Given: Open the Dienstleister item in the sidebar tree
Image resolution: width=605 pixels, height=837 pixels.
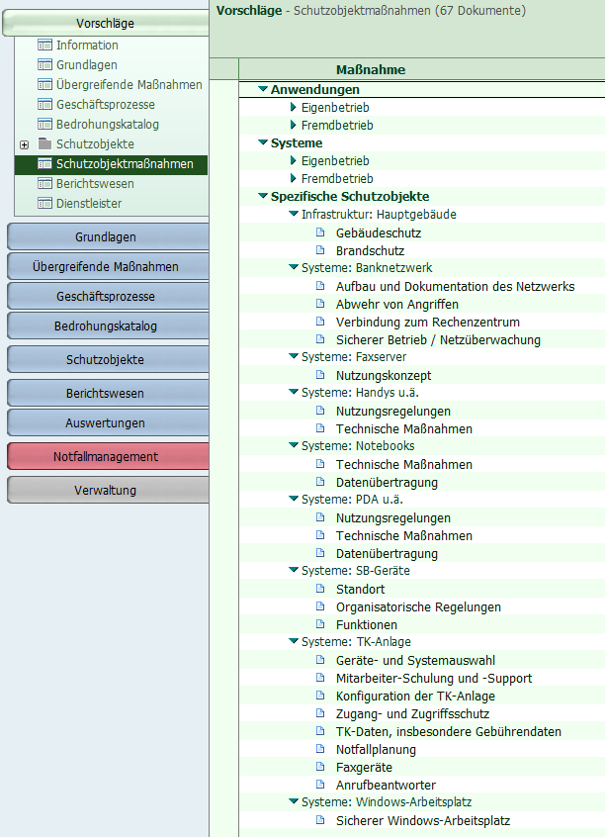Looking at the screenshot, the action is pos(89,204).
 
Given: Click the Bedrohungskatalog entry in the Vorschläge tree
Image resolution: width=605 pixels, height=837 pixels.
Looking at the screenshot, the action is pos(107,125).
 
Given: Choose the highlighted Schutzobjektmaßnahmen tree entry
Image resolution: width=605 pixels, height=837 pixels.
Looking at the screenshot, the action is pos(125,164).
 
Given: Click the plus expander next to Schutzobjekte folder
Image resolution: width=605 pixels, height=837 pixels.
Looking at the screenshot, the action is pos(24,144).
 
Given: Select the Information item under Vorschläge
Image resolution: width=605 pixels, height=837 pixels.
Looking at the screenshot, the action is pos(87,46).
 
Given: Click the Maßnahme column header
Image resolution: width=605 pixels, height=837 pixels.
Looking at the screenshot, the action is pos(371,70).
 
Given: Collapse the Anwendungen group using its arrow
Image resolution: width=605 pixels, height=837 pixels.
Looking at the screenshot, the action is pos(263,89).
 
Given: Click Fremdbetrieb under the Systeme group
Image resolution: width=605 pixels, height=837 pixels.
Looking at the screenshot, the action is pos(337,179).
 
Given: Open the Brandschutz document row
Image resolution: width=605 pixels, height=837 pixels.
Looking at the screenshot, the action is pos(370,251).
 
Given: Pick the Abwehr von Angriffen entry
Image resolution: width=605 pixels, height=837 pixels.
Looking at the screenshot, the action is pos(397,305).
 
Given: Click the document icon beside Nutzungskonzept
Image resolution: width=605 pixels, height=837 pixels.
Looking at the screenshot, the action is pos(320,375).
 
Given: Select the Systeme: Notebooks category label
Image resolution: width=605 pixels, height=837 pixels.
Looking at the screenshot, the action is pos(358,446).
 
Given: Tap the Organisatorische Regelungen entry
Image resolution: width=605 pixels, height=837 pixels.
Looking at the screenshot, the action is pos(418,606).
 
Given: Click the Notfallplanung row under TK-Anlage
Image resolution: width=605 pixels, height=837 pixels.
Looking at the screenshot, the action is pos(376,750).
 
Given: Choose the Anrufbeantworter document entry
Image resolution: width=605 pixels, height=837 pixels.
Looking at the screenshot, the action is pos(386,786).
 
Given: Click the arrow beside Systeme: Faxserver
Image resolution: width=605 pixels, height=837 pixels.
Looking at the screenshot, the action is pos(293,356).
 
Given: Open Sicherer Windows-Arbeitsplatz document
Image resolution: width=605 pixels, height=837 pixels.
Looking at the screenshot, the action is pos(423,821).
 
